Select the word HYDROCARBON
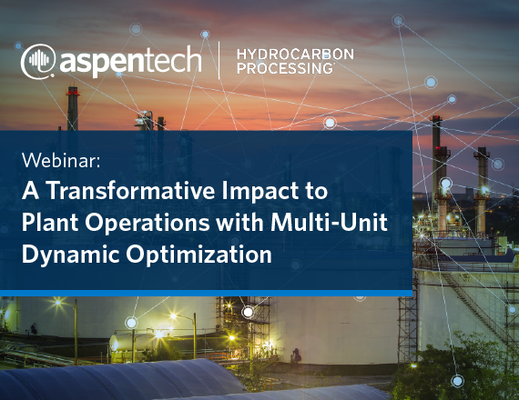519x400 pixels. (x=295, y=55)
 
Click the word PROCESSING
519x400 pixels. (x=285, y=68)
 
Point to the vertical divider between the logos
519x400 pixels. (x=219, y=60)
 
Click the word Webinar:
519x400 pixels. (x=61, y=161)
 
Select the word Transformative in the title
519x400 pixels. (x=131, y=190)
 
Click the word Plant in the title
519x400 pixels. (x=50, y=222)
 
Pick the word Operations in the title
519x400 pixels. (x=148, y=223)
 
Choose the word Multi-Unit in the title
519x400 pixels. (x=329, y=222)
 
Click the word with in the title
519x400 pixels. (x=240, y=222)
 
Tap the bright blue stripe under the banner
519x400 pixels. (x=206, y=293)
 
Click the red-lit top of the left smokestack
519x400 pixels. (x=73, y=91)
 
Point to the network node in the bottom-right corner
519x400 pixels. (x=457, y=381)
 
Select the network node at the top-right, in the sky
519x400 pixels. (x=398, y=21)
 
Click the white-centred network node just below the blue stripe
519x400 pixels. (x=248, y=312)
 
